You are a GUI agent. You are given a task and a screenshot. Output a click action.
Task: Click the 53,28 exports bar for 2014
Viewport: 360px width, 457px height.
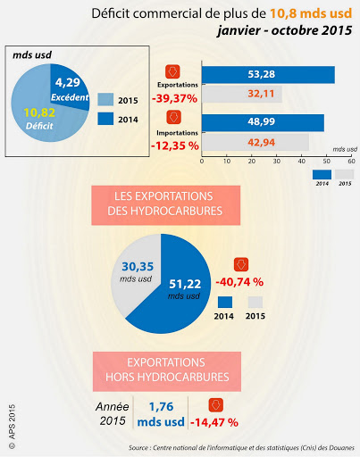coord(268,75)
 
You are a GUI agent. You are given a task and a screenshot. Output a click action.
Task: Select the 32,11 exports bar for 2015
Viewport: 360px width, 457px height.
coord(241,94)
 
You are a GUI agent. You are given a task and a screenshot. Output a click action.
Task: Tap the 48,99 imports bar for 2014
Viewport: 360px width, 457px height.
coord(263,123)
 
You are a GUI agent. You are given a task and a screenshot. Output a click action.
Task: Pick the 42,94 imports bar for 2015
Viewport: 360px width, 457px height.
coord(255,142)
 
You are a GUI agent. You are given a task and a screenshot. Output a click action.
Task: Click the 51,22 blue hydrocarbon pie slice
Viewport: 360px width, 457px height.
coord(187,290)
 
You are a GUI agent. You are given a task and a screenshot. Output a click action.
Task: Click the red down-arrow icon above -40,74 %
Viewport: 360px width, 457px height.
coord(240,265)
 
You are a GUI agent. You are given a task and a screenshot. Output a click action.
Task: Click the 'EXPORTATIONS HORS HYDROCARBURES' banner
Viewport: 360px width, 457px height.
coord(180,371)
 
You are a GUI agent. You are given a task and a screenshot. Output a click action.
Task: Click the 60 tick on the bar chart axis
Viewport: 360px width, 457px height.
coord(351,162)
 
